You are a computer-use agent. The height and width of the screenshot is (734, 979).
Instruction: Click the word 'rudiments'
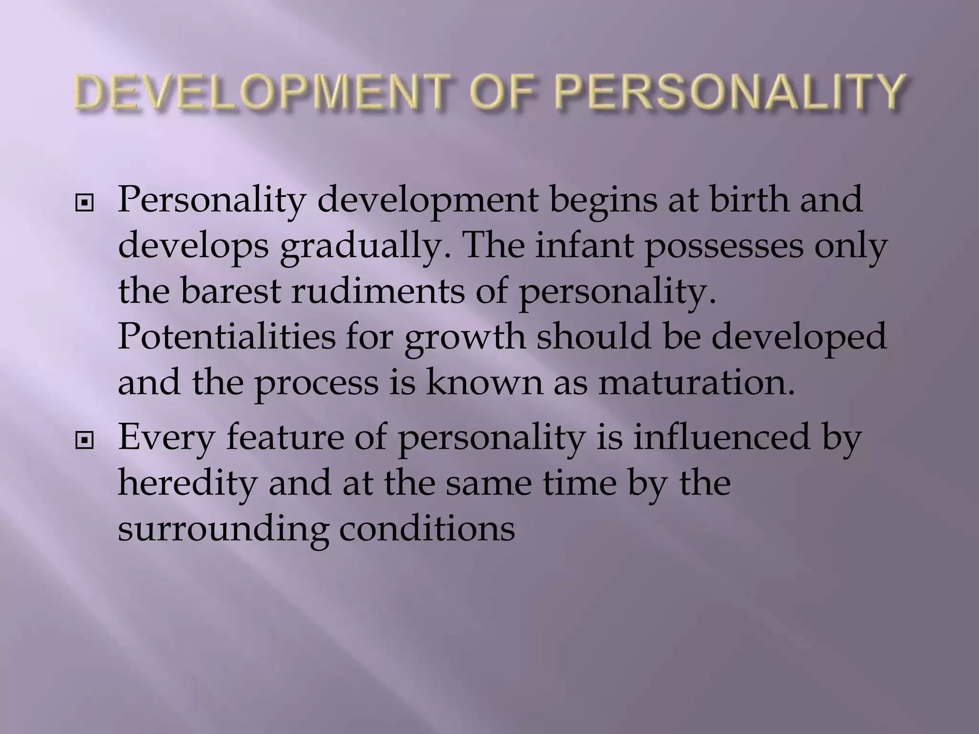[x=378, y=291]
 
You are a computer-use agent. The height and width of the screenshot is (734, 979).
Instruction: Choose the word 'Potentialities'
[x=227, y=337]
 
